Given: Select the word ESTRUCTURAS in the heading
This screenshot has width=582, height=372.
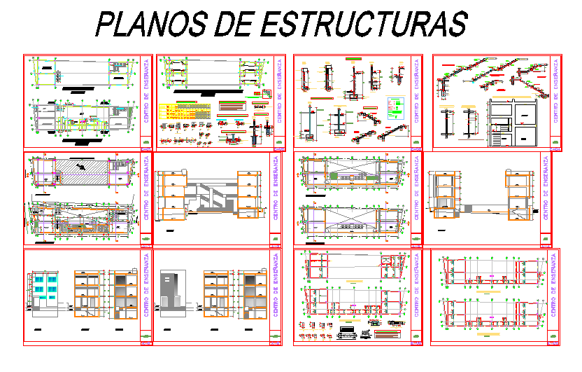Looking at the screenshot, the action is pyautogui.click(x=364, y=24).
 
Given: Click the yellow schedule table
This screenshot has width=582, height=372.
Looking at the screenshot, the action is pyautogui.click(x=186, y=110).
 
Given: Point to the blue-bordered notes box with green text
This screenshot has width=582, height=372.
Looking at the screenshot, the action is pyautogui.click(x=395, y=106).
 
